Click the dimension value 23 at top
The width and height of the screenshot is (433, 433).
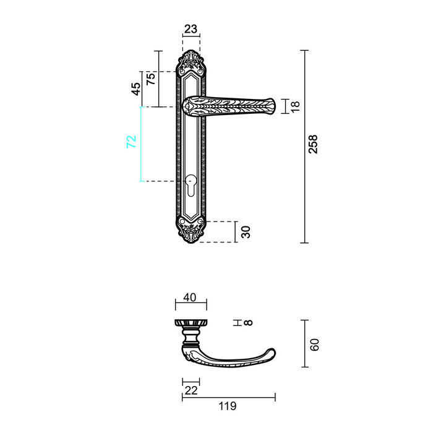tap(191, 28)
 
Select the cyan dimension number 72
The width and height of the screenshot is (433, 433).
tap(131, 142)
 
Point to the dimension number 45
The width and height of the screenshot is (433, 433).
tap(136, 88)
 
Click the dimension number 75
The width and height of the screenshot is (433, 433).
tap(150, 79)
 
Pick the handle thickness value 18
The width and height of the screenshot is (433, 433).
tap(295, 106)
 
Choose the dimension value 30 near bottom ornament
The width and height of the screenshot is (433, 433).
tap(246, 232)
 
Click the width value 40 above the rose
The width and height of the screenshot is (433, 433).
tap(191, 298)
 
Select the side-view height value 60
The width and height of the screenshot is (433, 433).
tap(314, 345)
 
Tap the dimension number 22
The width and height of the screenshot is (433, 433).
tap(191, 390)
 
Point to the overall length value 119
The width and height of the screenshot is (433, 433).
tap(228, 406)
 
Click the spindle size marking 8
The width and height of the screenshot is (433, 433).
tap(249, 323)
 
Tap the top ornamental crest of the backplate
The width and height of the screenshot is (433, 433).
tap(191, 64)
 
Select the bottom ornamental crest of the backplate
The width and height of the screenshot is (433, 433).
tap(191, 231)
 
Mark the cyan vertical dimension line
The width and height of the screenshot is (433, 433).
tap(140, 144)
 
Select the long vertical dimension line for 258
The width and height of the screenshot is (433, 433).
tap(304, 147)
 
